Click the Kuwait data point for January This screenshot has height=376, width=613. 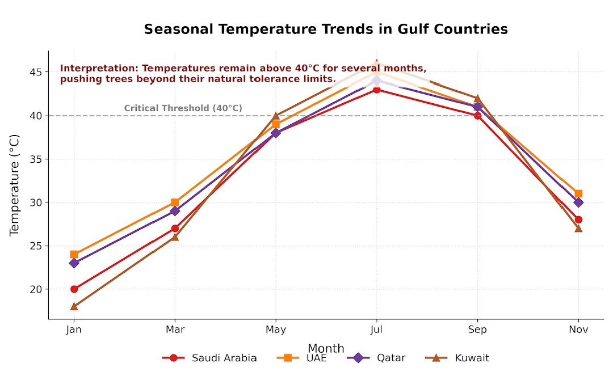tap(74, 306)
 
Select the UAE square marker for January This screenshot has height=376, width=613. tap(74, 254)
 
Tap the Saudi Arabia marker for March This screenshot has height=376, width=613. tap(175, 228)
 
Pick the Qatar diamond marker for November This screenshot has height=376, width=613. tap(578, 202)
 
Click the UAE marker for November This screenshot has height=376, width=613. tap(578, 193)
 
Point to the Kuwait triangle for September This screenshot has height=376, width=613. tap(477, 99)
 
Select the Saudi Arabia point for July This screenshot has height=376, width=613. tap(376, 89)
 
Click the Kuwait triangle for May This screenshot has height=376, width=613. tap(276, 116)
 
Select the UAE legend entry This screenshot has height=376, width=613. tap(301, 358)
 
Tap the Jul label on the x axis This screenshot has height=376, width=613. tap(376, 329)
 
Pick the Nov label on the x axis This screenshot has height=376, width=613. tap(578, 329)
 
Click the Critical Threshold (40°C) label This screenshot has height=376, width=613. tap(183, 108)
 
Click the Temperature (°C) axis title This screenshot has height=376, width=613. tap(15, 185)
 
